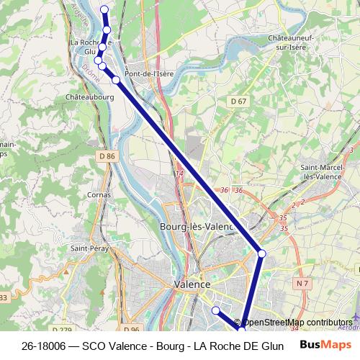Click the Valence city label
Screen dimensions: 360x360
[192, 284]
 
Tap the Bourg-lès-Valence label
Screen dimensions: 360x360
[197, 227]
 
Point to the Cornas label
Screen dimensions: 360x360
[98, 194]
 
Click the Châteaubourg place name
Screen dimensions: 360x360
[90, 95]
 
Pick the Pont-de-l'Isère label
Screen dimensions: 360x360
[149, 73]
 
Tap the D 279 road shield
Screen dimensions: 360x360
[63, 330]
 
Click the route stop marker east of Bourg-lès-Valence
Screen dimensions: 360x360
[262, 253]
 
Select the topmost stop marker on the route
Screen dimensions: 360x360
[104, 10]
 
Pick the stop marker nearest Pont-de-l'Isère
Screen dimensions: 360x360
[115, 79]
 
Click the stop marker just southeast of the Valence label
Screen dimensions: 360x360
[215, 310]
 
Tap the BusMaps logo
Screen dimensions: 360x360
[321, 346]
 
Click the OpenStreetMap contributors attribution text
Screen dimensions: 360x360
[297, 323]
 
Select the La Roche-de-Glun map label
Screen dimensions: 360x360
[91, 47]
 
